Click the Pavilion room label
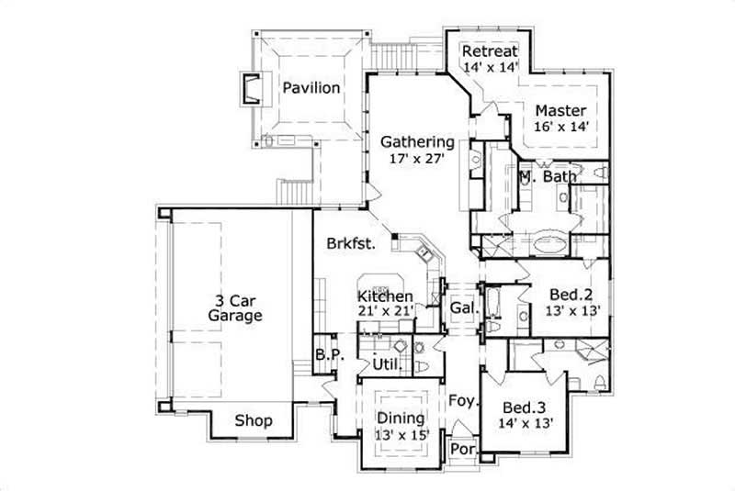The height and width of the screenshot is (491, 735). point(311,88)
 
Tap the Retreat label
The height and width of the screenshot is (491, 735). point(491,50)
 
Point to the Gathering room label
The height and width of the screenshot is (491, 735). point(417,142)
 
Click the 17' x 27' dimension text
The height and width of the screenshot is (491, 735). point(417,159)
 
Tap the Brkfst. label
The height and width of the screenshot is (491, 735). point(348,244)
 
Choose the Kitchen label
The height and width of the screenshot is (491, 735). point(385,296)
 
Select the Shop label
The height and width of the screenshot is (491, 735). point(254,421)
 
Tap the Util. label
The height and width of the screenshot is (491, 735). point(386,365)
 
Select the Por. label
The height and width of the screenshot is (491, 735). point(461,451)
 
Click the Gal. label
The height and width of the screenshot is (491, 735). point(462,309)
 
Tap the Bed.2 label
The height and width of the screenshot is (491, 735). point(570,295)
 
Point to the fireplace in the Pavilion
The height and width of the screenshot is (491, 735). point(249,89)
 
